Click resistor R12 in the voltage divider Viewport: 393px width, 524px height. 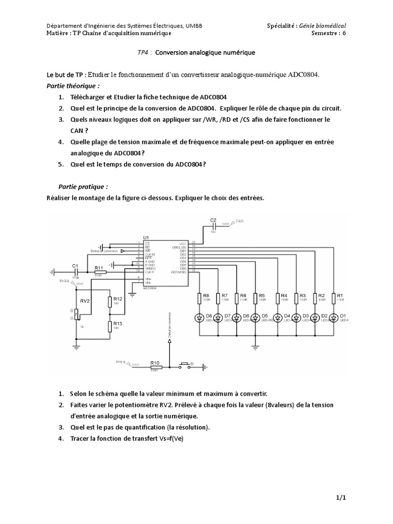coord(110,302)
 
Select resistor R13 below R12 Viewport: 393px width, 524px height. coord(110,326)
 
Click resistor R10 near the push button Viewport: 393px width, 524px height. coord(155,366)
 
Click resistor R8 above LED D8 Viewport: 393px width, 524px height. coord(199,298)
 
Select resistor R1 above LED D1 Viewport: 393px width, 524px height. coord(334,298)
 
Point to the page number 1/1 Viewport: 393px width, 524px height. coord(340,498)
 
